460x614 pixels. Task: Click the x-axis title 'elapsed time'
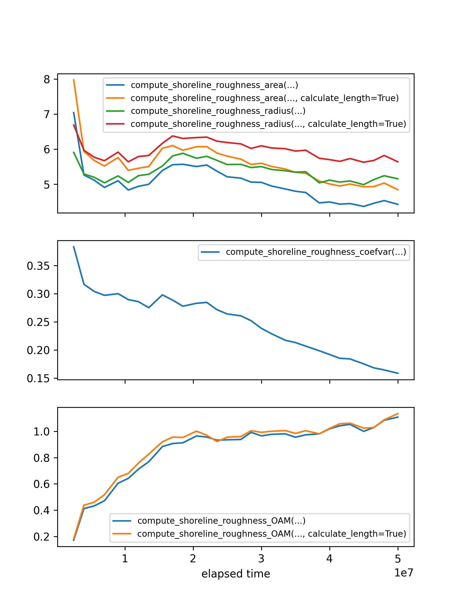click(235, 574)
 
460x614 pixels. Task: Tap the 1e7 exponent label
click(404, 573)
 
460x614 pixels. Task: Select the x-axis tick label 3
click(261, 558)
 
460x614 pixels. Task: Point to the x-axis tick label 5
click(398, 558)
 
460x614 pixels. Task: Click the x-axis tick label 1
click(125, 558)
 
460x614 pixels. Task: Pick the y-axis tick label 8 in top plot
click(47, 79)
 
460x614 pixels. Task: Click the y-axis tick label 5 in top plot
click(47, 185)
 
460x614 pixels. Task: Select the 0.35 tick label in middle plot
click(38, 266)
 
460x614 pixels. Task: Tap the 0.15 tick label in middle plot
click(38, 378)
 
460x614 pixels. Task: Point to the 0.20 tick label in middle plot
click(38, 350)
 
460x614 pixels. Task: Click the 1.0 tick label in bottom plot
click(42, 432)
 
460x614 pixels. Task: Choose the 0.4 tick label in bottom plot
click(42, 510)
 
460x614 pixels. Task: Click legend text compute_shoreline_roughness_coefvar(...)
click(316, 252)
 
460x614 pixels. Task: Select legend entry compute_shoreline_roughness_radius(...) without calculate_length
click(218, 111)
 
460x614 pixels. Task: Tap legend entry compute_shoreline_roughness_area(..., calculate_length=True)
click(264, 98)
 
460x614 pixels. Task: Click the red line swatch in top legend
click(115, 124)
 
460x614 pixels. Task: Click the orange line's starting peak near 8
click(74, 80)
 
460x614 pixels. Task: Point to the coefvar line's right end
click(398, 373)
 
